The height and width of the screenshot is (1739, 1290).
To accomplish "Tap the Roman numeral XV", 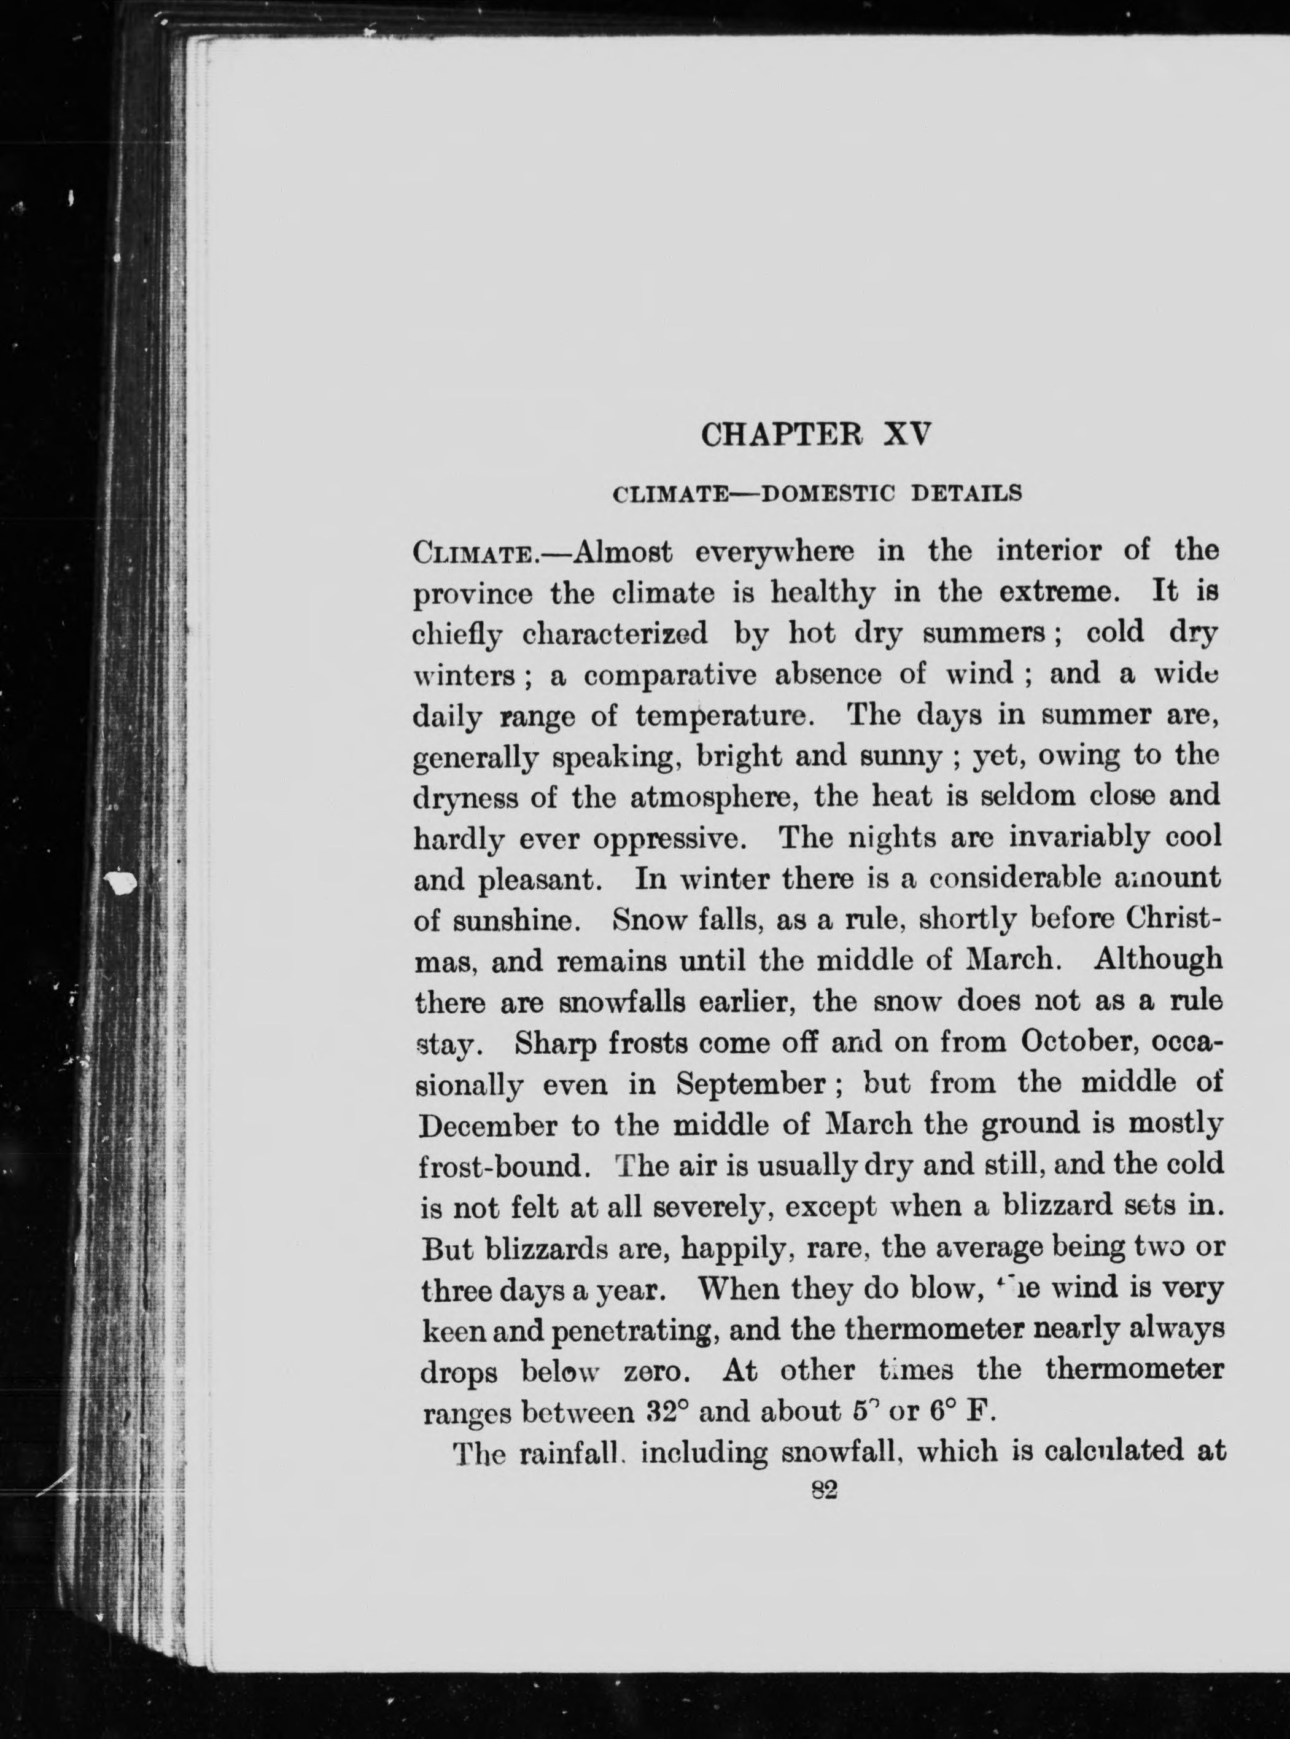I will tap(907, 435).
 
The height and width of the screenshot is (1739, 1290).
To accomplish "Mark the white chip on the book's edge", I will tap(121, 882).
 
